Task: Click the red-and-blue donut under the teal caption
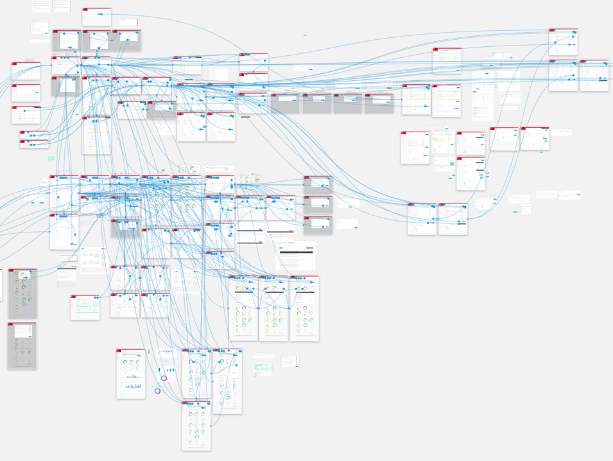157,390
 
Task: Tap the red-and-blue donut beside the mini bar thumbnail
164,378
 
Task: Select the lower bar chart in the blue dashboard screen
134,385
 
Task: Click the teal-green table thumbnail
263,369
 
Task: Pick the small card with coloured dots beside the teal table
289,361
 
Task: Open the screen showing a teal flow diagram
85,308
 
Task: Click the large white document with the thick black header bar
295,256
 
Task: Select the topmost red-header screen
97,17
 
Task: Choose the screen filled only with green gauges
196,426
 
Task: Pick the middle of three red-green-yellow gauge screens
273,308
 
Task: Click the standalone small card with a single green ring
193,169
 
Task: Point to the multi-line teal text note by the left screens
51,158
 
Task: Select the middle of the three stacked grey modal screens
318,205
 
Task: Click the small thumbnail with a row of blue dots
546,194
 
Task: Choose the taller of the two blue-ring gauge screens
227,381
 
